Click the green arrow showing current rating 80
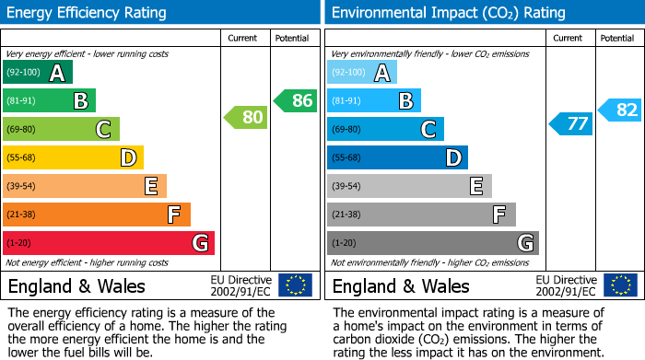(245, 117)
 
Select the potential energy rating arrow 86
(296, 100)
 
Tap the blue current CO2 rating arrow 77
(570, 123)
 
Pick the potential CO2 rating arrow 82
(620, 110)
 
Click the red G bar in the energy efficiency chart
(109, 243)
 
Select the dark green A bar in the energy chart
(38, 72)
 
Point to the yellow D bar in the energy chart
(73, 157)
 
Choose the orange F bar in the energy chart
(97, 215)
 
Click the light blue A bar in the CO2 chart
(362, 72)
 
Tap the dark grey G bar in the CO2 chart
(432, 243)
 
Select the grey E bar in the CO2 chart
(409, 186)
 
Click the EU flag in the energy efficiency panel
(295, 285)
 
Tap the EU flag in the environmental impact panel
(619, 285)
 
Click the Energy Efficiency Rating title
(88, 13)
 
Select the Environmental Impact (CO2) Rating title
(448, 13)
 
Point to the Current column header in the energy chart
(244, 38)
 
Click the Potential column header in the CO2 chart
(616, 38)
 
